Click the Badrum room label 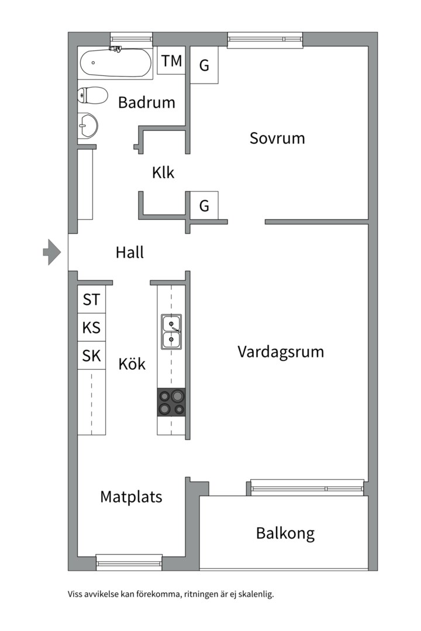pos(146,103)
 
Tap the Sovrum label pos(277,138)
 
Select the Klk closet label pos(163,173)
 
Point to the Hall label pos(129,252)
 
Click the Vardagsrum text pos(281,352)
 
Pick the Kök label pos(132,364)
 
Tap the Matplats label pos(131,497)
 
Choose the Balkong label pos(285,533)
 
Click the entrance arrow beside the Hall pos(52,252)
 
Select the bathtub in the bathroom pos(116,63)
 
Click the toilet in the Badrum pos(93,95)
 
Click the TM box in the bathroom pos(171,61)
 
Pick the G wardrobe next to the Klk pos(204,206)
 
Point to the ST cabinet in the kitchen pos(91,300)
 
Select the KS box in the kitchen pos(91,328)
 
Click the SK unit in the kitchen pos(91,356)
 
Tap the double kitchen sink pos(171,331)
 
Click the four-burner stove pos(171,402)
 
